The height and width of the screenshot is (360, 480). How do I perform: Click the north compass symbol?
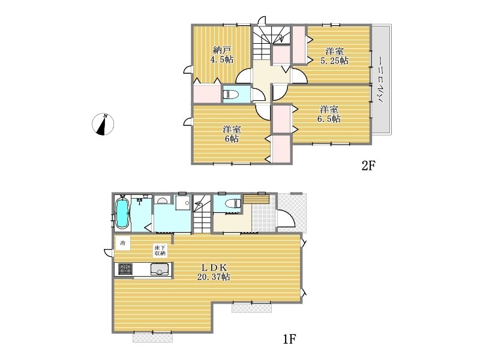click(103, 124)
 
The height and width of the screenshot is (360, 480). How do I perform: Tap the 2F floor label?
click(368, 166)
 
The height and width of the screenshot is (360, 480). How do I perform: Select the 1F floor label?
click(289, 339)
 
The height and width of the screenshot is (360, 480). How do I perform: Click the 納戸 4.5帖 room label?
click(222, 55)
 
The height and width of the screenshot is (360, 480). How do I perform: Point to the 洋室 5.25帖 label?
click(334, 56)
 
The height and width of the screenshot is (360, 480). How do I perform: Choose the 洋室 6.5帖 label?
click(329, 114)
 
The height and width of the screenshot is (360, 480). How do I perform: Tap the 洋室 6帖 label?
click(232, 134)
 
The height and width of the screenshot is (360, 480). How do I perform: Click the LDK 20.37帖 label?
click(214, 272)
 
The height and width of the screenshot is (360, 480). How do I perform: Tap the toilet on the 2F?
click(231, 94)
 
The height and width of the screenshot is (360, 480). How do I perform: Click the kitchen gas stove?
click(125, 269)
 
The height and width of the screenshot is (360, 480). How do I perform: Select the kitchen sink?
click(160, 269)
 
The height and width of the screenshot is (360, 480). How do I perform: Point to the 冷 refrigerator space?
click(123, 244)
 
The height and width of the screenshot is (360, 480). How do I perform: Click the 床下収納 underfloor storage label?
click(160, 250)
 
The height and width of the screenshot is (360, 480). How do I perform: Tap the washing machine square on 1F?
click(183, 203)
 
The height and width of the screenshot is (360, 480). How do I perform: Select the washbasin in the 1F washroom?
click(162, 200)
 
